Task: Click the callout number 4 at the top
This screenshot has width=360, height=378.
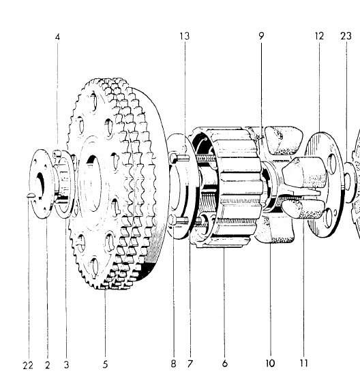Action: pyautogui.click(x=57, y=37)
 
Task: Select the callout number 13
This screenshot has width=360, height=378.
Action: pyautogui.click(x=184, y=36)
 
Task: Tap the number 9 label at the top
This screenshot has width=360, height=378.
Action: pyautogui.click(x=261, y=36)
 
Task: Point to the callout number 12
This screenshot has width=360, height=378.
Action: pyautogui.click(x=319, y=36)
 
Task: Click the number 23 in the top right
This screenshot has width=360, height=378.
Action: pyautogui.click(x=346, y=36)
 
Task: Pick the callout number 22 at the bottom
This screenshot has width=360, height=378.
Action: pyautogui.click(x=27, y=365)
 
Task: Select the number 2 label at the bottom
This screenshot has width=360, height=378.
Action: pyautogui.click(x=48, y=365)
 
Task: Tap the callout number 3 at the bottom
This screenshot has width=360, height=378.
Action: pyautogui.click(x=66, y=365)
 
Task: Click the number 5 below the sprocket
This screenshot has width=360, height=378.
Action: pyautogui.click(x=106, y=365)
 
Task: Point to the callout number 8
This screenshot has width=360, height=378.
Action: pyautogui.click(x=173, y=364)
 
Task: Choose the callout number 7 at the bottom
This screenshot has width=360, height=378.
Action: pyautogui.click(x=190, y=364)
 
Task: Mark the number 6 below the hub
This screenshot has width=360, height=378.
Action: pyautogui.click(x=224, y=364)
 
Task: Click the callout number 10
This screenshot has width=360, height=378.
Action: pyautogui.click(x=271, y=364)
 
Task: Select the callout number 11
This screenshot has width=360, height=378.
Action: pyautogui.click(x=303, y=364)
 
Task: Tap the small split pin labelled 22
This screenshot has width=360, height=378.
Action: pyautogui.click(x=29, y=198)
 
